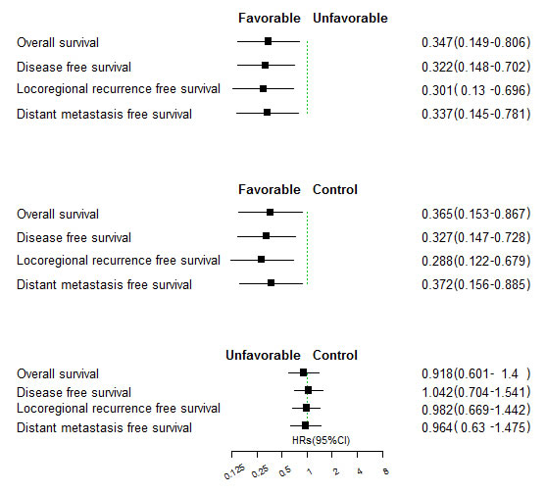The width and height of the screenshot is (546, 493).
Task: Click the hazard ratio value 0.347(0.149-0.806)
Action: tap(474, 43)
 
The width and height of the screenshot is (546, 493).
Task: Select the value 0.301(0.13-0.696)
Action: tap(474, 90)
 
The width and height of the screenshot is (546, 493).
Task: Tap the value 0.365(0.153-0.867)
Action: tap(474, 214)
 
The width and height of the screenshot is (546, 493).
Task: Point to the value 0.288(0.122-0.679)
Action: tap(474, 261)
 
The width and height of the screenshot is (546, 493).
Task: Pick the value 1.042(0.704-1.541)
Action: tap(474, 391)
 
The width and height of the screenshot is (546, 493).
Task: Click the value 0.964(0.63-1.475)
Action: tap(474, 427)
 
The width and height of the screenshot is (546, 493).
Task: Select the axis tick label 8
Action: tap(385, 471)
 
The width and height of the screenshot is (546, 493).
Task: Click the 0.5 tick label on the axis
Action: tap(284, 472)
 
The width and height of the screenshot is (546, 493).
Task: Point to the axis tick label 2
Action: tap(335, 471)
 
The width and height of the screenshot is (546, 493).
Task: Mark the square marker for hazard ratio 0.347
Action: tap(269, 41)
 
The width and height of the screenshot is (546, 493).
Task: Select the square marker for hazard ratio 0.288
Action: tap(261, 260)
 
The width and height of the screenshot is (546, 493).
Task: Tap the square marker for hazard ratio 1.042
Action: tap(309, 390)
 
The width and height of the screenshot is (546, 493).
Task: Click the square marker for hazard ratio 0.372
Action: tap(272, 283)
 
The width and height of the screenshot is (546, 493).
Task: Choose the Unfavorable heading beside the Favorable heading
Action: tap(350, 18)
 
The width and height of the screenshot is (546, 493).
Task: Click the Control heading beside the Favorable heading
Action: tap(335, 189)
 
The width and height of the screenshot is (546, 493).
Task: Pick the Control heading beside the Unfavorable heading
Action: tap(335, 355)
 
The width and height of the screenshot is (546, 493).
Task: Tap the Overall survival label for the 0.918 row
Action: tap(58, 373)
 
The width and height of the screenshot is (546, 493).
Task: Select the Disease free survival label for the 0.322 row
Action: tap(74, 67)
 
